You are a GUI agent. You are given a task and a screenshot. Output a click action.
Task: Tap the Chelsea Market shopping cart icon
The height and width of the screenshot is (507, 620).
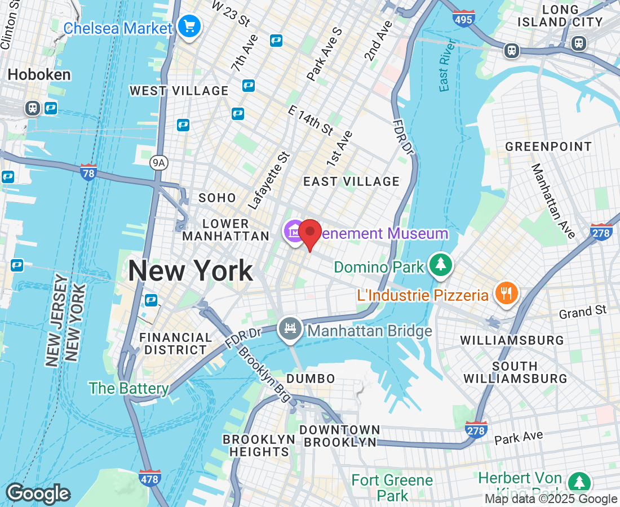[189, 26]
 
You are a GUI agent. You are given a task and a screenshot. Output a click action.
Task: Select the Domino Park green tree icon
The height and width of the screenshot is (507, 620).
[441, 264]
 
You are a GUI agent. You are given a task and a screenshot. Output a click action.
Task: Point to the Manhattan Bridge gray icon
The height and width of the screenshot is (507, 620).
[290, 328]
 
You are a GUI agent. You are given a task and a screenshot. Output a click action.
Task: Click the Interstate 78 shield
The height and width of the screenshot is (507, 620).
[88, 171]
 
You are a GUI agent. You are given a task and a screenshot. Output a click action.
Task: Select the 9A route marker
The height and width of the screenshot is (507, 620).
[159, 163]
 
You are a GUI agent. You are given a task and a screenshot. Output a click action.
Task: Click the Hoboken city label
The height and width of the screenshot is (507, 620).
[39, 75]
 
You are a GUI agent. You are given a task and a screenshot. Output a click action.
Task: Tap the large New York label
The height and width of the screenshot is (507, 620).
[190, 271]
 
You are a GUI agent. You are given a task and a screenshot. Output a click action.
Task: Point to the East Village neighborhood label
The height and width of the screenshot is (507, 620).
[351, 181]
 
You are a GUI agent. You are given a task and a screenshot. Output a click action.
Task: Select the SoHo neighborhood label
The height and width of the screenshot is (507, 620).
[217, 198]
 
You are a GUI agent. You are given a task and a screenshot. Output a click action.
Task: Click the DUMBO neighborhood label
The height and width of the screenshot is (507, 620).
[311, 379]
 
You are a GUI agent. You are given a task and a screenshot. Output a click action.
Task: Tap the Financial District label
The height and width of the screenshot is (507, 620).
[175, 344]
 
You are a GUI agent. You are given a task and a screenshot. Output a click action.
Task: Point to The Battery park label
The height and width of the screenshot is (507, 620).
[129, 388]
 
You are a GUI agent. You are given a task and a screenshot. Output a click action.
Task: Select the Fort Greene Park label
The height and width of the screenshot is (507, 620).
[392, 488]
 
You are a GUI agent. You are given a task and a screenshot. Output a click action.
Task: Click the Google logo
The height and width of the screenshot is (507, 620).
[37, 493]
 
